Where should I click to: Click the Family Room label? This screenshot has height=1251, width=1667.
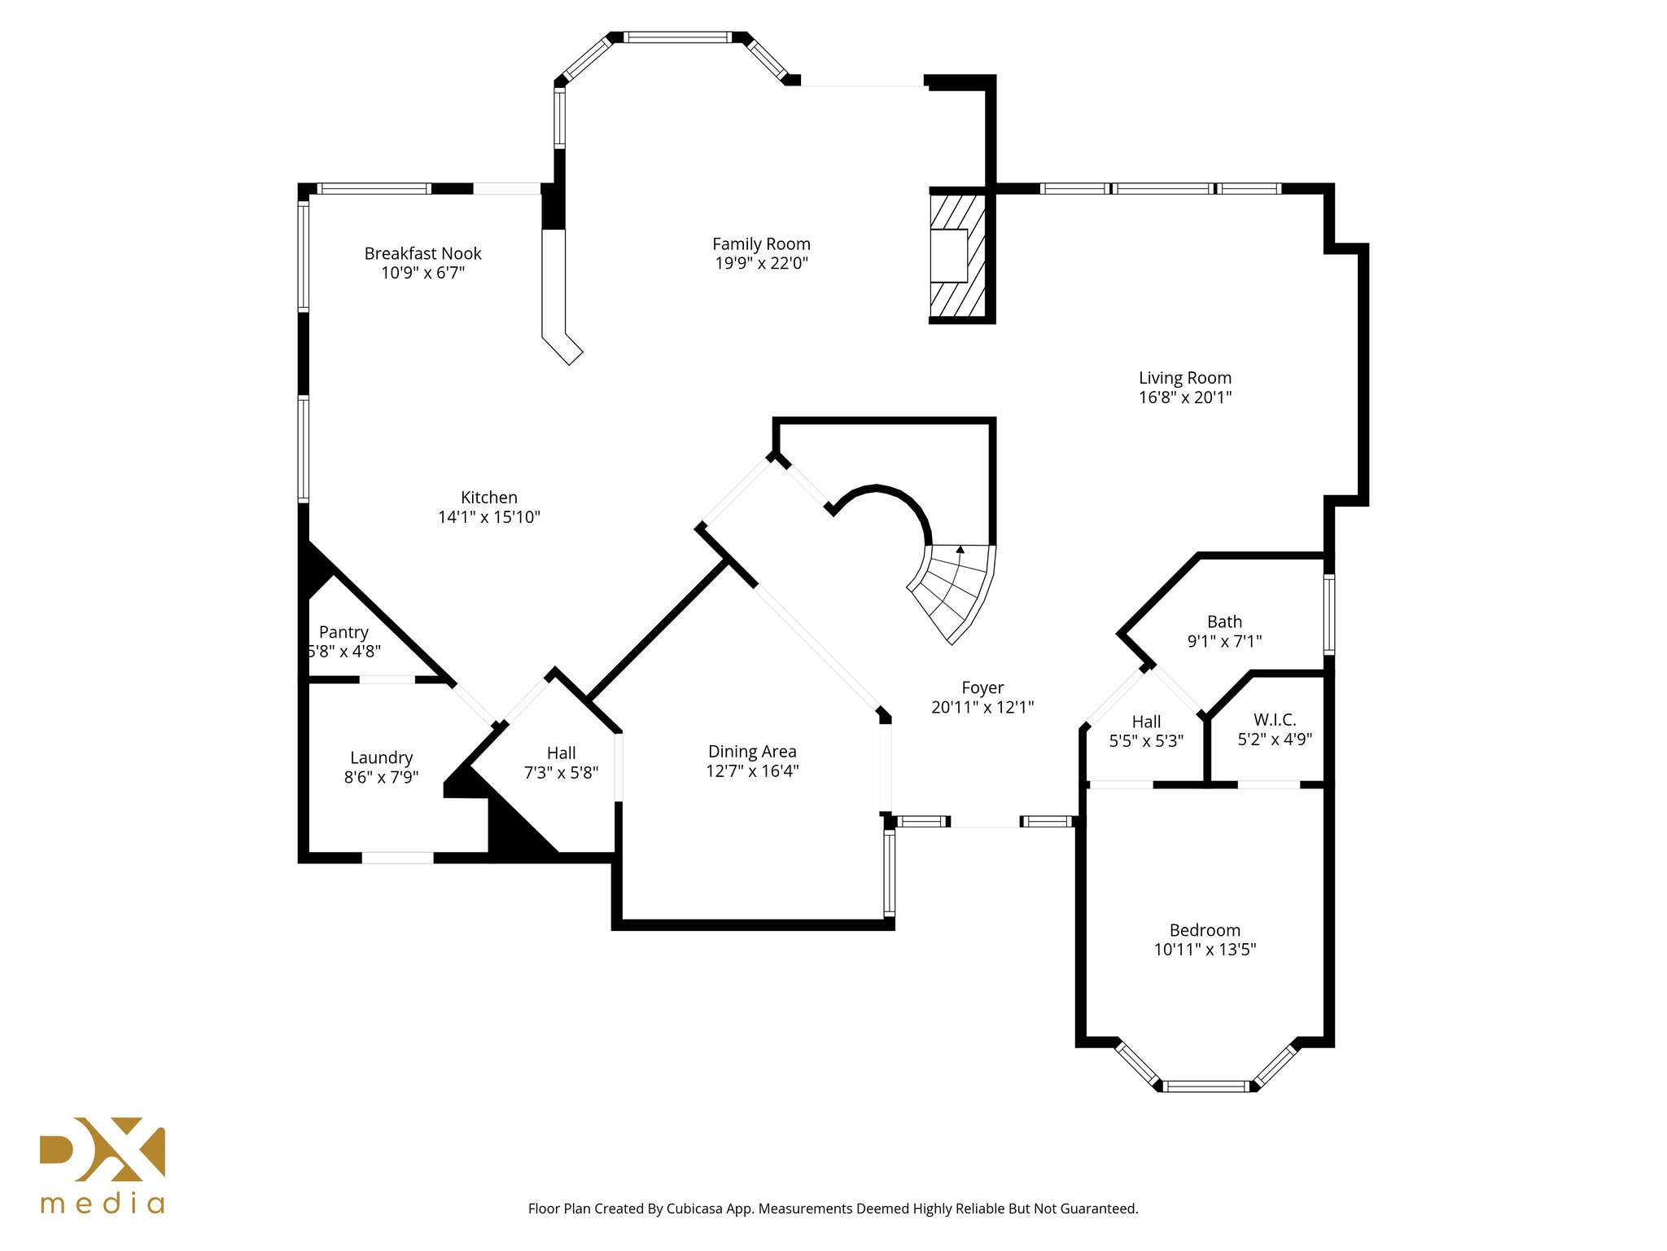(x=761, y=244)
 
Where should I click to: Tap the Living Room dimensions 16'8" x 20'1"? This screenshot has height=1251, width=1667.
(x=1184, y=397)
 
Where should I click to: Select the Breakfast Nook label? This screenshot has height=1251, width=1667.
(x=422, y=253)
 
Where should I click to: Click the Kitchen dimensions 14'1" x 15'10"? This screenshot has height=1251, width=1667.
(x=488, y=517)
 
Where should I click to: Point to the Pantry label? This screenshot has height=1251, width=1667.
(x=343, y=632)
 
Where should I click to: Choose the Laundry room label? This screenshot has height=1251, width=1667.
(x=381, y=757)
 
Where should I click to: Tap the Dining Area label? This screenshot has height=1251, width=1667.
(x=752, y=752)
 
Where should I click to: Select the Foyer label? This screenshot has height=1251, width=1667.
(x=982, y=687)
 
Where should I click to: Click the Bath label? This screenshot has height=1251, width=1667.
(x=1224, y=621)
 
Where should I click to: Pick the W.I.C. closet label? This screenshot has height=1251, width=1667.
(x=1275, y=720)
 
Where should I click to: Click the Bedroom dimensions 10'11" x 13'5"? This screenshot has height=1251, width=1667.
(x=1205, y=950)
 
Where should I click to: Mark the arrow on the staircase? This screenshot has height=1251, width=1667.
(x=960, y=550)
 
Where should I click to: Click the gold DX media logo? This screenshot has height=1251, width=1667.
(x=103, y=1165)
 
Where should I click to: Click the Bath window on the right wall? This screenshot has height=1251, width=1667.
(x=1328, y=615)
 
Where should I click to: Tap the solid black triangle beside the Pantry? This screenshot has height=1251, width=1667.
(x=315, y=568)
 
